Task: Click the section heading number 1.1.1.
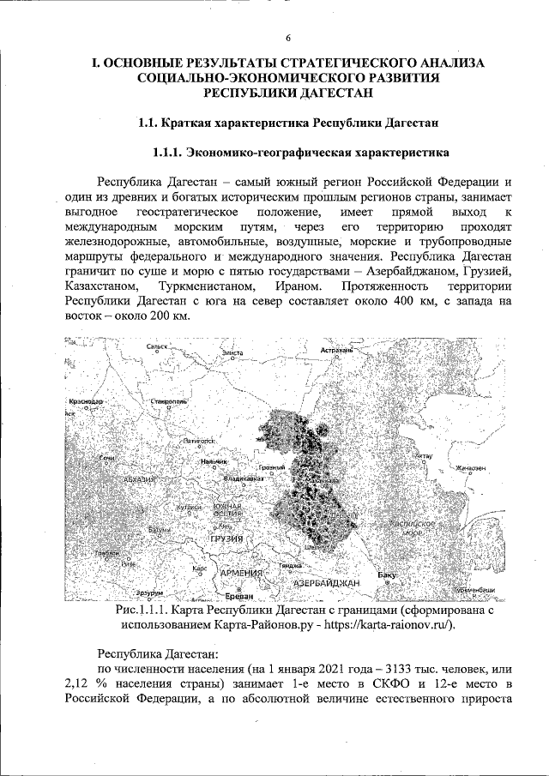[x=170, y=154]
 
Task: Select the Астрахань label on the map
[x=337, y=351]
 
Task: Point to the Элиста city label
[x=232, y=352]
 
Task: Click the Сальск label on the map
[x=159, y=347]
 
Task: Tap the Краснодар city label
[x=83, y=401]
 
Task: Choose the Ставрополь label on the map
[x=169, y=400]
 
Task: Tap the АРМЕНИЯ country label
[x=244, y=572]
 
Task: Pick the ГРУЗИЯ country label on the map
[x=226, y=538]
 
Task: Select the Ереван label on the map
[x=228, y=595]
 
